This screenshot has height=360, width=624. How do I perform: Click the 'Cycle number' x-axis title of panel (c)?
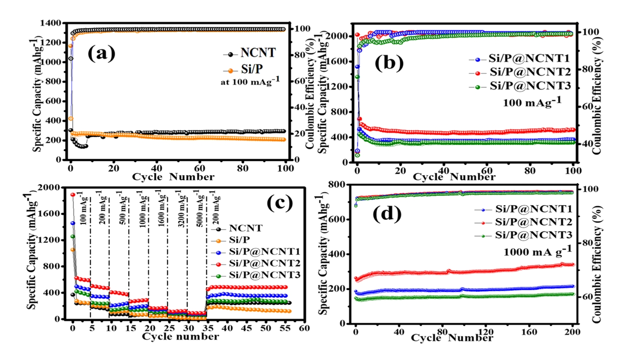coord(180,337)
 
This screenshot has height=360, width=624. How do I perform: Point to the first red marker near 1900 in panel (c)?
coord(73,195)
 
